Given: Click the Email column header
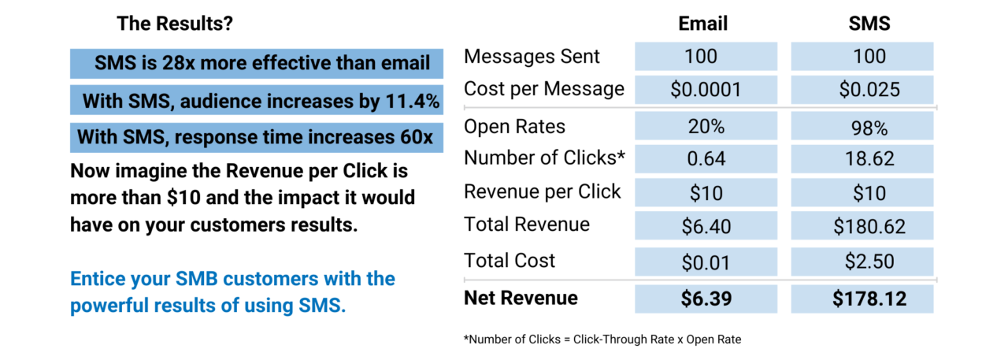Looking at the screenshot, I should [702, 24].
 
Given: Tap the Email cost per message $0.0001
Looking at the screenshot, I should [706, 89].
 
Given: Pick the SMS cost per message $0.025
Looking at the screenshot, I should [863, 89].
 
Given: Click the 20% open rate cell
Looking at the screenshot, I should [706, 127].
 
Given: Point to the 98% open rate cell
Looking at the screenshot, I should [863, 127].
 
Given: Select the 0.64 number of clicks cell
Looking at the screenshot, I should [706, 159].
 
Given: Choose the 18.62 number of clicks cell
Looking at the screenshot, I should [863, 159].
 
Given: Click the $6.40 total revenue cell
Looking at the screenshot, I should [706, 227].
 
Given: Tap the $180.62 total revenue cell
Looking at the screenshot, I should [863, 227].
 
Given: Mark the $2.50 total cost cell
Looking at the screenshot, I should [863, 262].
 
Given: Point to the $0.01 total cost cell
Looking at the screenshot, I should [706, 262].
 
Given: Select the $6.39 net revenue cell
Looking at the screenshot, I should [706, 299].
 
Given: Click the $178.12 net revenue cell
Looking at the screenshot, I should [863, 299].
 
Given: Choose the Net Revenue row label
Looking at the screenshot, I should [521, 298].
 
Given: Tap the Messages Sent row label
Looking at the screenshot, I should [532, 57].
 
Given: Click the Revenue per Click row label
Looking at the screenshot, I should [542, 191].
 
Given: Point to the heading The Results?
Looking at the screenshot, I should [175, 24].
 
